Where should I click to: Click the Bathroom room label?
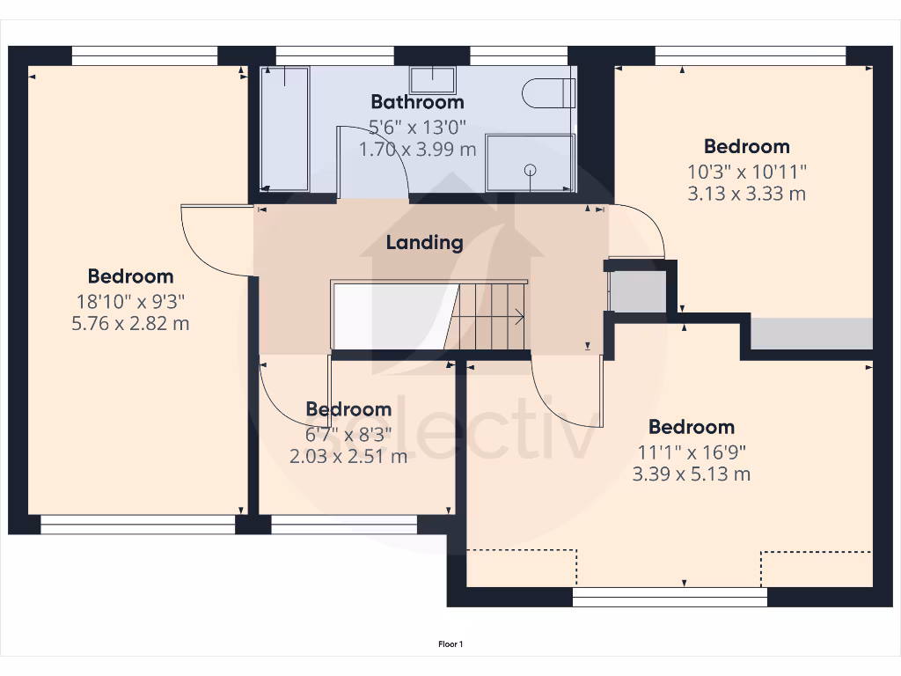point(417,102)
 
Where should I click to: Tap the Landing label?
point(424,242)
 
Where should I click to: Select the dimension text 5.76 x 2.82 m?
point(130,324)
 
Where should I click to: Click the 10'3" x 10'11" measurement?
point(746,171)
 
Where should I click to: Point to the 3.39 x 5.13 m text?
point(691,474)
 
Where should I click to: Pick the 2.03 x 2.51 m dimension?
point(348,456)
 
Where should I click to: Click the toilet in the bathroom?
point(547,92)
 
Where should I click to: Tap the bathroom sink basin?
point(432,80)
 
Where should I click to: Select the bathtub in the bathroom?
point(285,128)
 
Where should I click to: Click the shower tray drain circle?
point(531,169)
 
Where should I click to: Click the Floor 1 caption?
point(450,644)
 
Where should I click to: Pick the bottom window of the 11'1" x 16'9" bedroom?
point(670,598)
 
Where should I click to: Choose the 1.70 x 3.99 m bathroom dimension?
point(417,150)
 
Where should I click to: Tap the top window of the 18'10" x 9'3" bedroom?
point(144,55)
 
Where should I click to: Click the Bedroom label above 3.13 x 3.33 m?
point(746,146)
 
